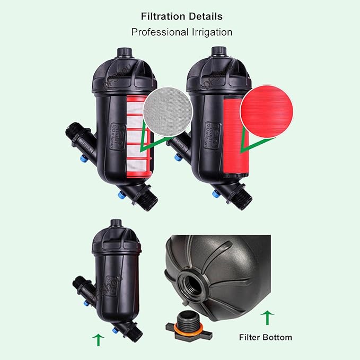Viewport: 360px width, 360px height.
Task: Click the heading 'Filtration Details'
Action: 181,16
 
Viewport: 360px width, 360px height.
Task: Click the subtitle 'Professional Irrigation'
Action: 181,32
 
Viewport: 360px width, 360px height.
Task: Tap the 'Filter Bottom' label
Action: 265,337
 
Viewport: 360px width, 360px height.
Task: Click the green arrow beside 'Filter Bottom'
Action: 268,318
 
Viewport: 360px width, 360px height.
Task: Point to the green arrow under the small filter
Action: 98,339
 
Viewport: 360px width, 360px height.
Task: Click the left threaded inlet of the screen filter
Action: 74,134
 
